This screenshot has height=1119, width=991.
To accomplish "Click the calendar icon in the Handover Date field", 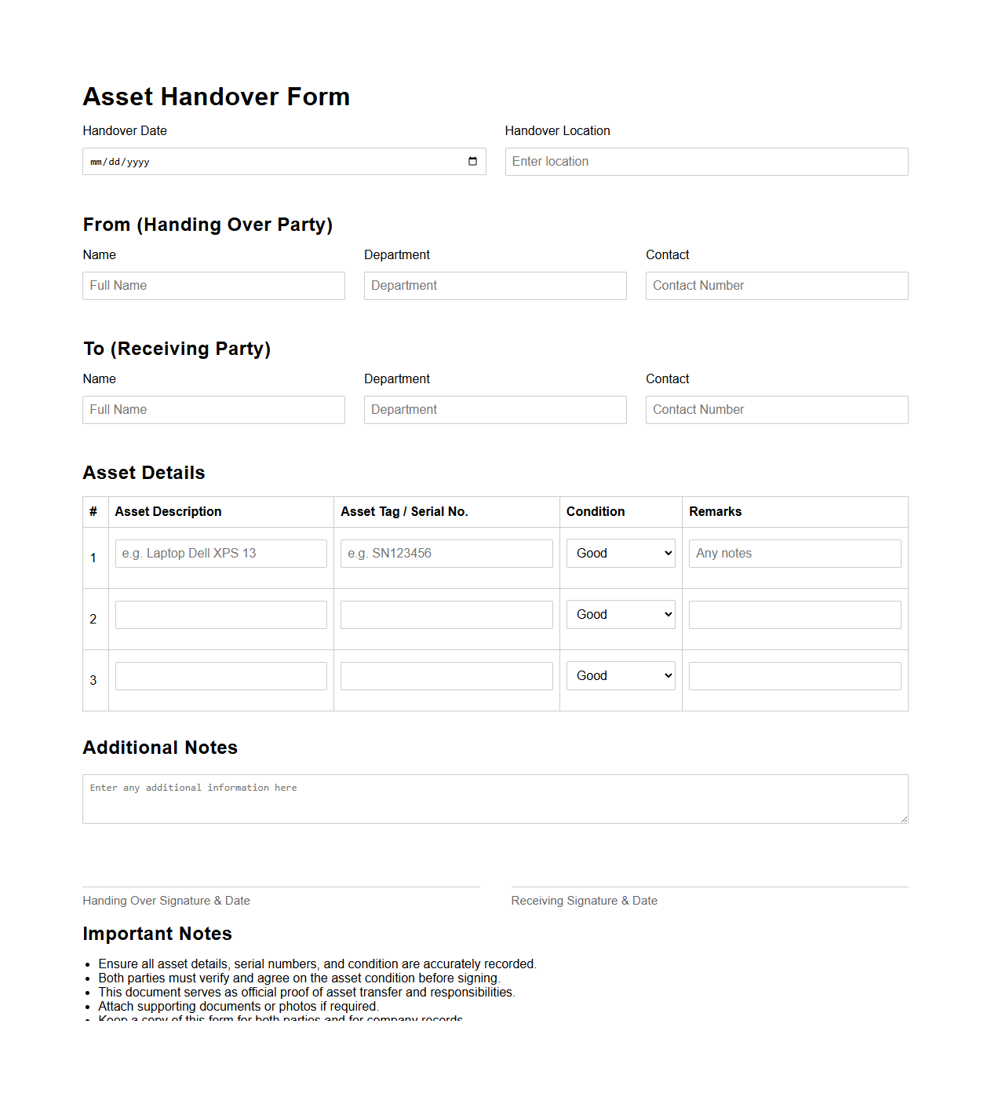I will click(472, 162).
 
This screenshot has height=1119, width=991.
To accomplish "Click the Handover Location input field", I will click(706, 162).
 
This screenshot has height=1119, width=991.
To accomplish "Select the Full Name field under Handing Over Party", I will click(213, 286).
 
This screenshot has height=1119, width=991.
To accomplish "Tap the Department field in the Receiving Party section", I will click(495, 410).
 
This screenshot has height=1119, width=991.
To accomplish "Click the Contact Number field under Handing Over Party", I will click(777, 286).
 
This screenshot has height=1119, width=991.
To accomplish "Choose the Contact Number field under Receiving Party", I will click(777, 410).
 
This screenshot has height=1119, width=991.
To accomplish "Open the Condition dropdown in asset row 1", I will click(621, 554).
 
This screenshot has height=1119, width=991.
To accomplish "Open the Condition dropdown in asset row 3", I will click(621, 676).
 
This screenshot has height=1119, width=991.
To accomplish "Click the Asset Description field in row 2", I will click(221, 615).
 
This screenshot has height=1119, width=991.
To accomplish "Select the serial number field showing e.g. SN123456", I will click(446, 554).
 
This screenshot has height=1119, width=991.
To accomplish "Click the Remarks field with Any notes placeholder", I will click(795, 554).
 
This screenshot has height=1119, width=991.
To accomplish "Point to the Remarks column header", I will click(716, 512).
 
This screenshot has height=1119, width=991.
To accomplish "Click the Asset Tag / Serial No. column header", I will click(404, 512).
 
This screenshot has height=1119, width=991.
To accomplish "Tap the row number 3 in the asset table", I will click(93, 680).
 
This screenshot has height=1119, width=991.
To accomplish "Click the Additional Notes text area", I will click(495, 799).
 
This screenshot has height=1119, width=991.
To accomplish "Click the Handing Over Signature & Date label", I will click(166, 901).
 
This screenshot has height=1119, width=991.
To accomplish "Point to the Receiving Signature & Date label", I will click(585, 901).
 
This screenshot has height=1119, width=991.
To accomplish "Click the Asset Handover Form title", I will click(217, 97).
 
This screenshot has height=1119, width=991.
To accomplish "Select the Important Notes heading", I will click(158, 934).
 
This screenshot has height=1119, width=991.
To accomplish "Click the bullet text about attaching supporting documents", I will click(238, 1007).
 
